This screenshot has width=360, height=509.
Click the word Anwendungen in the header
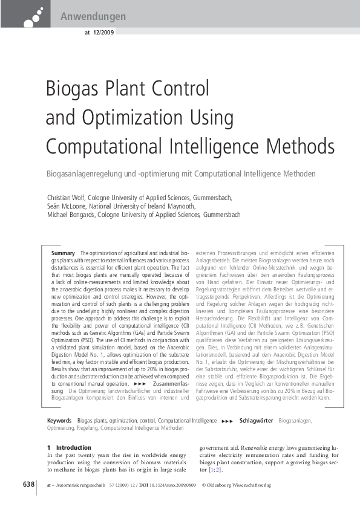[x=93, y=16]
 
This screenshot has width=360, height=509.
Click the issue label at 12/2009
[x=96, y=33]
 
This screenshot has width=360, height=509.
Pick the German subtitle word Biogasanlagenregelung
[x=88, y=174]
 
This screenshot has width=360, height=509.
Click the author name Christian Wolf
[x=66, y=198]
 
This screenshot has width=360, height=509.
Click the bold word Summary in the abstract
[x=63, y=253]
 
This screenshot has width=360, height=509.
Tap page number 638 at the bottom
[x=29, y=485]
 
